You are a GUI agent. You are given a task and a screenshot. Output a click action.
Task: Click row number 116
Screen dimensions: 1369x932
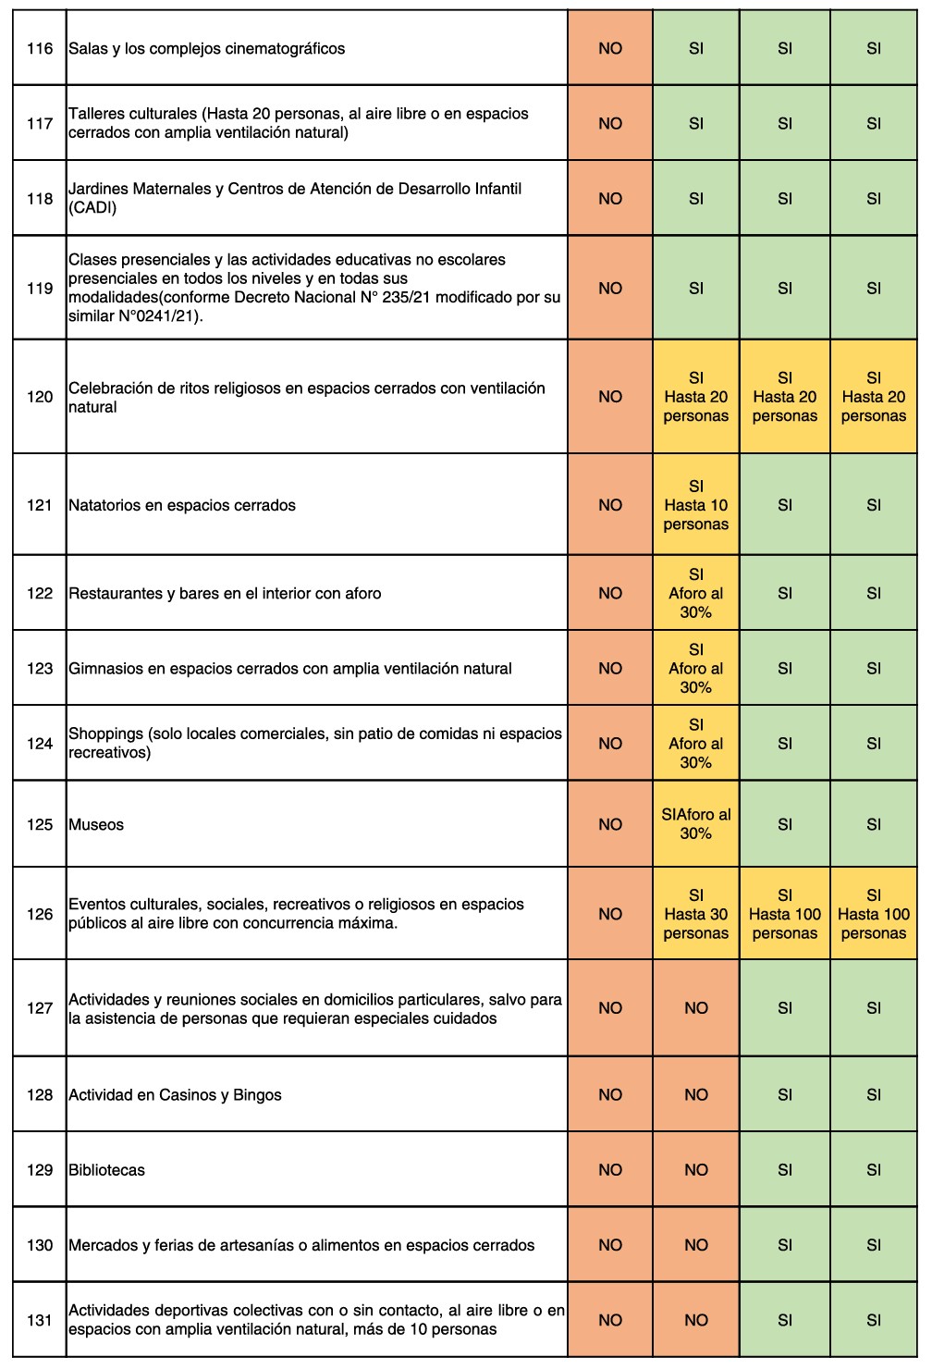tap(40, 48)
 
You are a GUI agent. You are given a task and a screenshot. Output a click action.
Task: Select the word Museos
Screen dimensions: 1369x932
tap(96, 824)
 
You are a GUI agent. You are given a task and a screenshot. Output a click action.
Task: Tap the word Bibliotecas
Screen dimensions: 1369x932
tap(106, 1170)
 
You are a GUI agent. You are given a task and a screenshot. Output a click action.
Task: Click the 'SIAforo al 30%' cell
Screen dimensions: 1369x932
tap(695, 824)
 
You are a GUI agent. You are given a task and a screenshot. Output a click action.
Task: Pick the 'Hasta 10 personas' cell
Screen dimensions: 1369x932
tap(695, 505)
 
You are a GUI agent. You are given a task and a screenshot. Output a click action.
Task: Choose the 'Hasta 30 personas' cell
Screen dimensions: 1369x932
tap(695, 914)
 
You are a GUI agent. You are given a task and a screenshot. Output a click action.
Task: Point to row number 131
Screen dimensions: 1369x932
tap(40, 1320)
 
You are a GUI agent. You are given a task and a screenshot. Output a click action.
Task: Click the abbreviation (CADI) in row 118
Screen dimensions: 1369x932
tap(92, 207)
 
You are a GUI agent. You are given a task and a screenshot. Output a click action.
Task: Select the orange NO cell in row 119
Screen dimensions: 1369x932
tap(610, 289)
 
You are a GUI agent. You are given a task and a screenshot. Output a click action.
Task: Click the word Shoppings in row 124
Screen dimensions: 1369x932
tap(105, 734)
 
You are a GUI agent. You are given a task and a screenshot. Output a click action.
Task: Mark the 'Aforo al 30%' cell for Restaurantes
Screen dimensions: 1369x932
tap(695, 594)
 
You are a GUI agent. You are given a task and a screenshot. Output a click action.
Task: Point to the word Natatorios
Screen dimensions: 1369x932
tap(104, 505)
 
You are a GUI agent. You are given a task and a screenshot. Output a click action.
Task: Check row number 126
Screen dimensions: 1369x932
tap(40, 914)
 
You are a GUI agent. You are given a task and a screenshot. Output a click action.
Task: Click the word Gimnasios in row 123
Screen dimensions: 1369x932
tap(105, 669)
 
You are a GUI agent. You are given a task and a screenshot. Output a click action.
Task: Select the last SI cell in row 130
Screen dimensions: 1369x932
tap(873, 1245)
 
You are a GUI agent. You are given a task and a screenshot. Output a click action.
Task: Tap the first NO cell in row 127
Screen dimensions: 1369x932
tap(610, 1008)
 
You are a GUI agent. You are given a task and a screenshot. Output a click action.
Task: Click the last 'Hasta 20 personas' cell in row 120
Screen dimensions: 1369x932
tap(873, 397)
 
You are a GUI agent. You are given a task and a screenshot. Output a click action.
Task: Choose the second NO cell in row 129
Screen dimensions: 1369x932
tap(695, 1170)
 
